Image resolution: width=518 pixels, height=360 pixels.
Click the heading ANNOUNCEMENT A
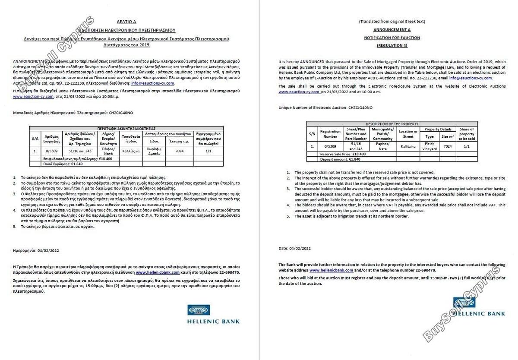click(392, 29)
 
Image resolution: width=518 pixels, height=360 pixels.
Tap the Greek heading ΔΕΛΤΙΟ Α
click(126, 22)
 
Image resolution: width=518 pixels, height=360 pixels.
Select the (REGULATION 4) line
click(392, 45)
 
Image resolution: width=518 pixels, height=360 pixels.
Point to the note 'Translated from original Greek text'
click(392, 21)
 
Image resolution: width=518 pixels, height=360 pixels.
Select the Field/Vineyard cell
click(430, 147)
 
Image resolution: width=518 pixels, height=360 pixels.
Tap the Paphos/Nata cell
click(382, 147)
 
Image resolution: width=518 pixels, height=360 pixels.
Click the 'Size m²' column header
click(448, 136)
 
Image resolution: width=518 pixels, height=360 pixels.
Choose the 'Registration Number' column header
click(330, 134)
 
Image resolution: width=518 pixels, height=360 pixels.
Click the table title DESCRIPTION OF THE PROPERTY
click(392, 124)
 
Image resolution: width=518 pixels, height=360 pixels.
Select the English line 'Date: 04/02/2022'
click(294, 248)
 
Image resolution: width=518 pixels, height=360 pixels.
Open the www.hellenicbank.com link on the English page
click(325, 270)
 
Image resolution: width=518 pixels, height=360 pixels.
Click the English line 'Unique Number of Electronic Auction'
click(325, 107)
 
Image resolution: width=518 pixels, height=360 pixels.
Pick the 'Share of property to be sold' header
click(467, 134)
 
